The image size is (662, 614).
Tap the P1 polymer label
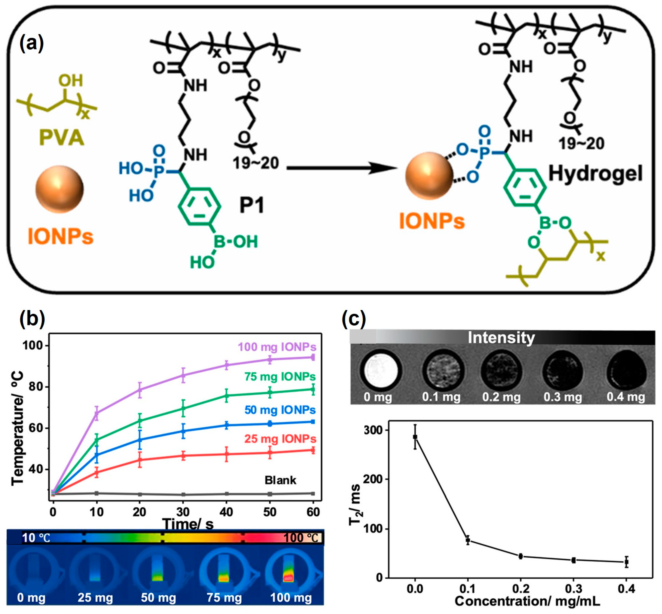[x=252, y=205]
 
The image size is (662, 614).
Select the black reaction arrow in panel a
[x=342, y=168]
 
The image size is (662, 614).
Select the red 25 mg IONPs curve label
[x=280, y=439]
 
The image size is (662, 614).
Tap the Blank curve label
[x=280, y=480]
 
